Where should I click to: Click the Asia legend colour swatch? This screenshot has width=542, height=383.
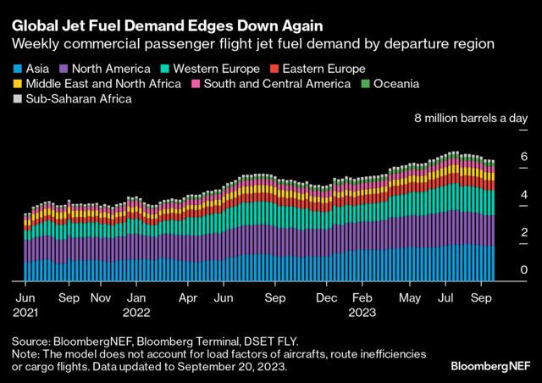tap(16, 68)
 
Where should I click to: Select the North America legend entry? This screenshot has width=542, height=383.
tap(106, 68)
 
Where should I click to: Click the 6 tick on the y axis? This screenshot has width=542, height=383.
tap(524, 157)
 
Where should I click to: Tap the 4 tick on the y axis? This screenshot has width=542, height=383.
tap(524, 195)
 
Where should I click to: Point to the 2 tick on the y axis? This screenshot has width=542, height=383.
tap(524, 232)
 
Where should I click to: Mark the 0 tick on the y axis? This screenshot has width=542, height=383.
tap(524, 270)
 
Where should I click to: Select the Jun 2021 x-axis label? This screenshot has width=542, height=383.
tap(26, 305)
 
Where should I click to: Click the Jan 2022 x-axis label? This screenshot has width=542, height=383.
tap(135, 305)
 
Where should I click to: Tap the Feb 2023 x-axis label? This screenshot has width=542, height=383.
tap(362, 305)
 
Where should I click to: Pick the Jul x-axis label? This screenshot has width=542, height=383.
tap(446, 298)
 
